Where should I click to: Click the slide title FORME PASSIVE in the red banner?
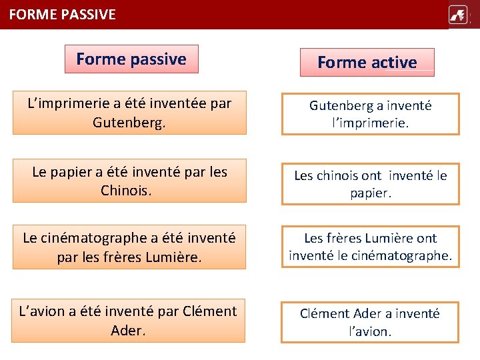pyautogui.click(x=63, y=14)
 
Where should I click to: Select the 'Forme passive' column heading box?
pyautogui.click(x=131, y=59)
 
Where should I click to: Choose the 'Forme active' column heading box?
pyautogui.click(x=367, y=63)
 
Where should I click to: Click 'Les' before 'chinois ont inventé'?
pyautogui.click(x=304, y=175)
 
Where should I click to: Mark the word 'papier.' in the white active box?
pyautogui.click(x=370, y=193)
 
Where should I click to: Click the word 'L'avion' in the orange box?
pyautogui.click(x=44, y=311)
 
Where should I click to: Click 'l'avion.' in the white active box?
pyautogui.click(x=370, y=331)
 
